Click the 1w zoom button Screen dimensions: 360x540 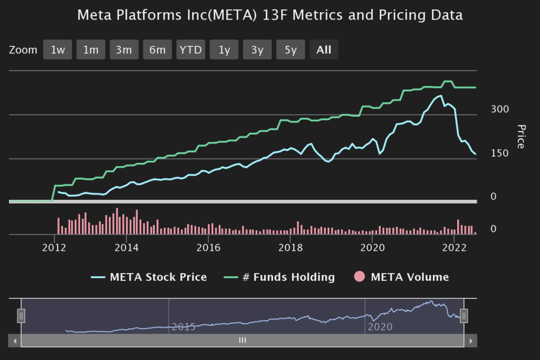(57, 50)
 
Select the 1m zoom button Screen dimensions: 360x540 (91, 50)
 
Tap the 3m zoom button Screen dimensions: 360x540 (124, 50)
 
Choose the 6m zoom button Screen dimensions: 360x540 (157, 50)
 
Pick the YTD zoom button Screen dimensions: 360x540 (190, 50)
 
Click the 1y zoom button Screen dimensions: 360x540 (224, 50)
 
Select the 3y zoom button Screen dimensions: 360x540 (257, 50)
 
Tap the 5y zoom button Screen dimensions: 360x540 (291, 50)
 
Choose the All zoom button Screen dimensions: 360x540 (324, 50)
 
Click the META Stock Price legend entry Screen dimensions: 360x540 (158, 277)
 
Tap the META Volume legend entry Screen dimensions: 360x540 (409, 277)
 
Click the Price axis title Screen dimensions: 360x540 (521, 137)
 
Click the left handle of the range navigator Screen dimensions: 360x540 (21, 316)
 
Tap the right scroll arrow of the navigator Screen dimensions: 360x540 (470, 341)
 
